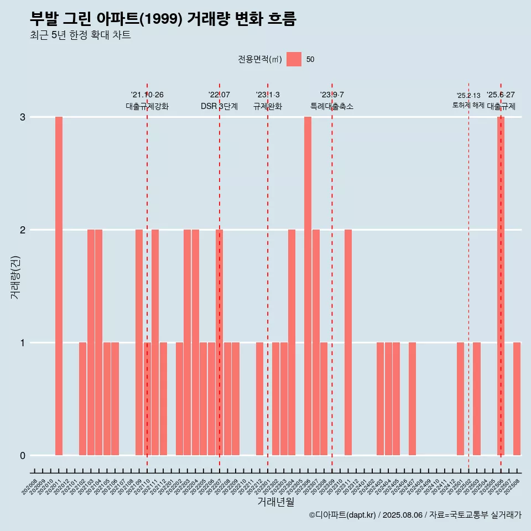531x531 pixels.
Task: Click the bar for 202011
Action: point(59,286)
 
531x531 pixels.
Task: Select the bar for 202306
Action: point(308,286)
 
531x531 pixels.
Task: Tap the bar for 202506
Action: point(501,286)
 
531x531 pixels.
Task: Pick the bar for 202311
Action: point(348,342)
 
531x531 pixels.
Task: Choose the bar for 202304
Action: point(291,342)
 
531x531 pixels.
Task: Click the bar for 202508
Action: point(517,399)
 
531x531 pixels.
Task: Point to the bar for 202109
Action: point(139,342)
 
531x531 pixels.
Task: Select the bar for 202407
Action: point(412,399)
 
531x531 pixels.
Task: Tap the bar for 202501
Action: point(460,399)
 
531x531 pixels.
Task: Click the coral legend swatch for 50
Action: point(294,59)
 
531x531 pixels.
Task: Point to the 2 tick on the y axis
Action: point(23,230)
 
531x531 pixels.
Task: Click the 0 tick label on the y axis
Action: point(23,455)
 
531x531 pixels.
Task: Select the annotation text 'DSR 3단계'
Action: point(219,106)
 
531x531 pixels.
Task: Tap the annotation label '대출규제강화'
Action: point(147,106)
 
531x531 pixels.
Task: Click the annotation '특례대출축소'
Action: point(332,106)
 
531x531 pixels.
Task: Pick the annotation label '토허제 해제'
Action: point(468,105)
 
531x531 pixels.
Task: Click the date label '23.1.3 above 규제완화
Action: point(268,95)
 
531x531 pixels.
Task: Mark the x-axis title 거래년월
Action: point(275,502)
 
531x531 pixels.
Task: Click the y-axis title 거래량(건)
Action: point(15,277)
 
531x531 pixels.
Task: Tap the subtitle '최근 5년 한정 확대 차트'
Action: point(80,35)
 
